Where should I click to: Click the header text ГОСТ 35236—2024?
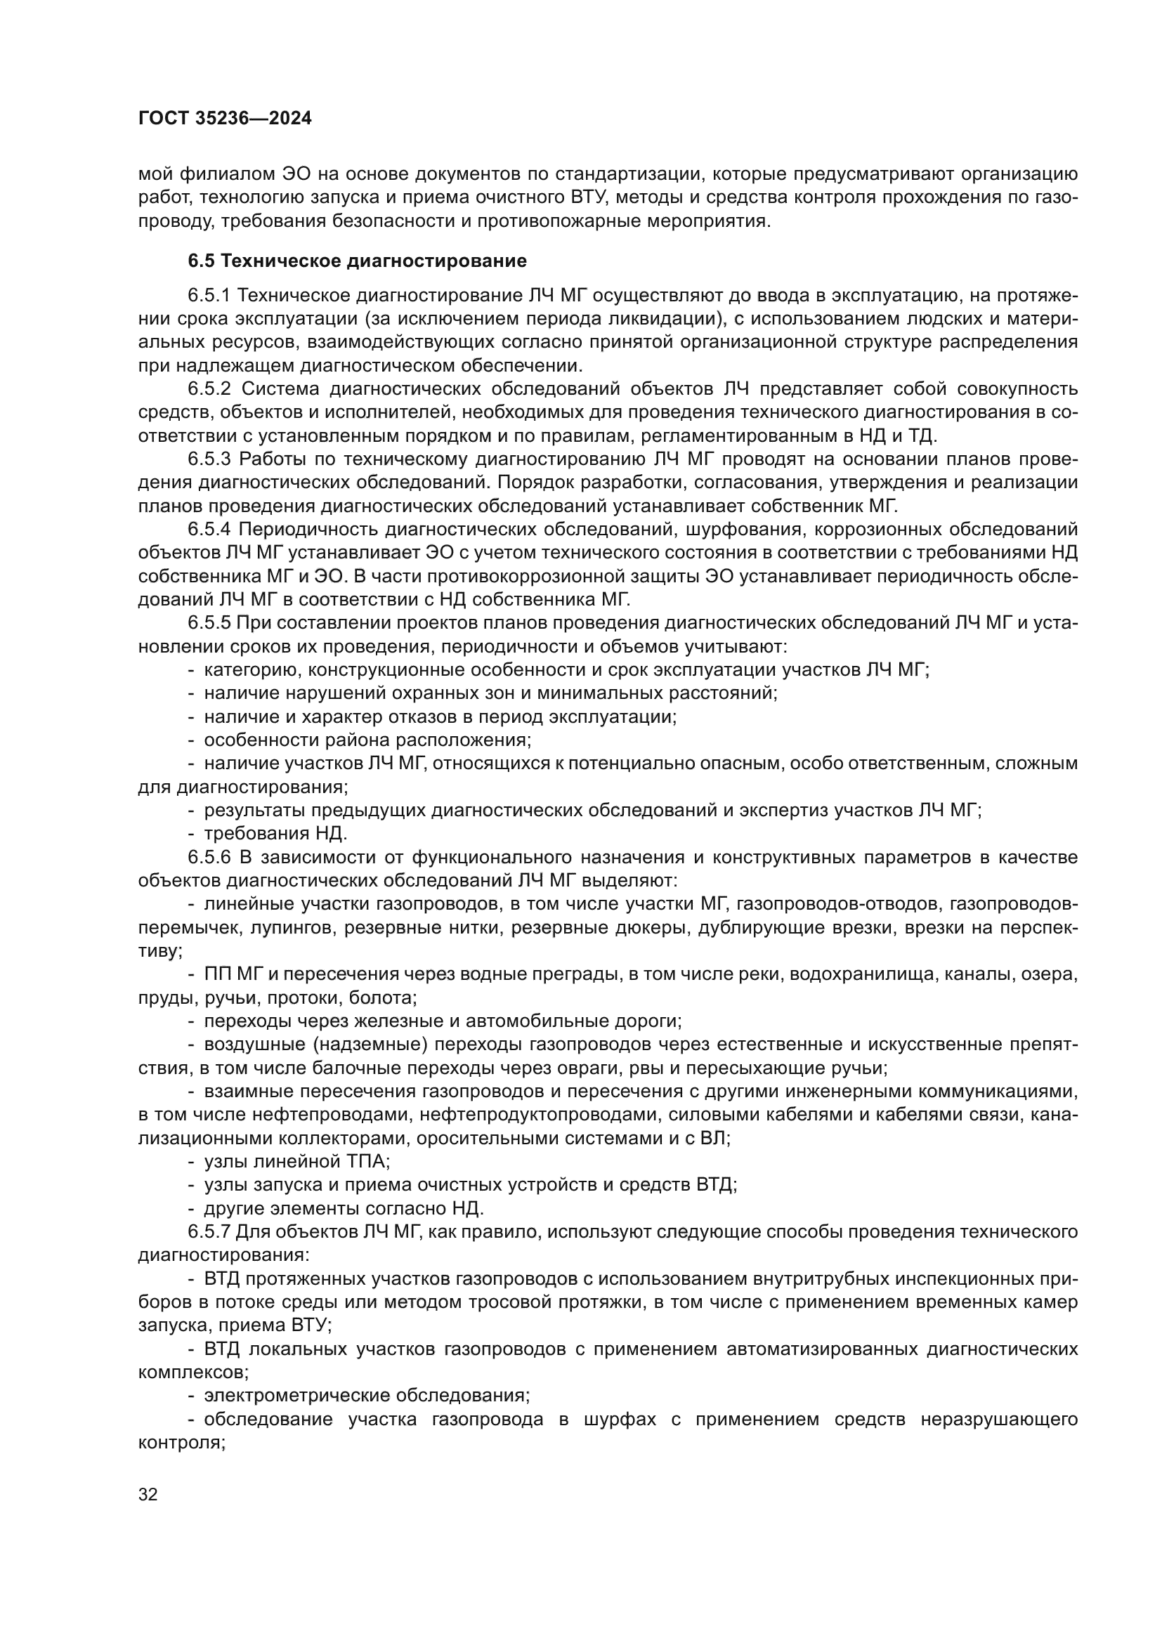pos(225,119)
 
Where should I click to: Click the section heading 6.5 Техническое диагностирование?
pos(357,261)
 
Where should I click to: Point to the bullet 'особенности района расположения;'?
pos(367,740)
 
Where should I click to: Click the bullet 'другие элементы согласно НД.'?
pos(344,1209)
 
